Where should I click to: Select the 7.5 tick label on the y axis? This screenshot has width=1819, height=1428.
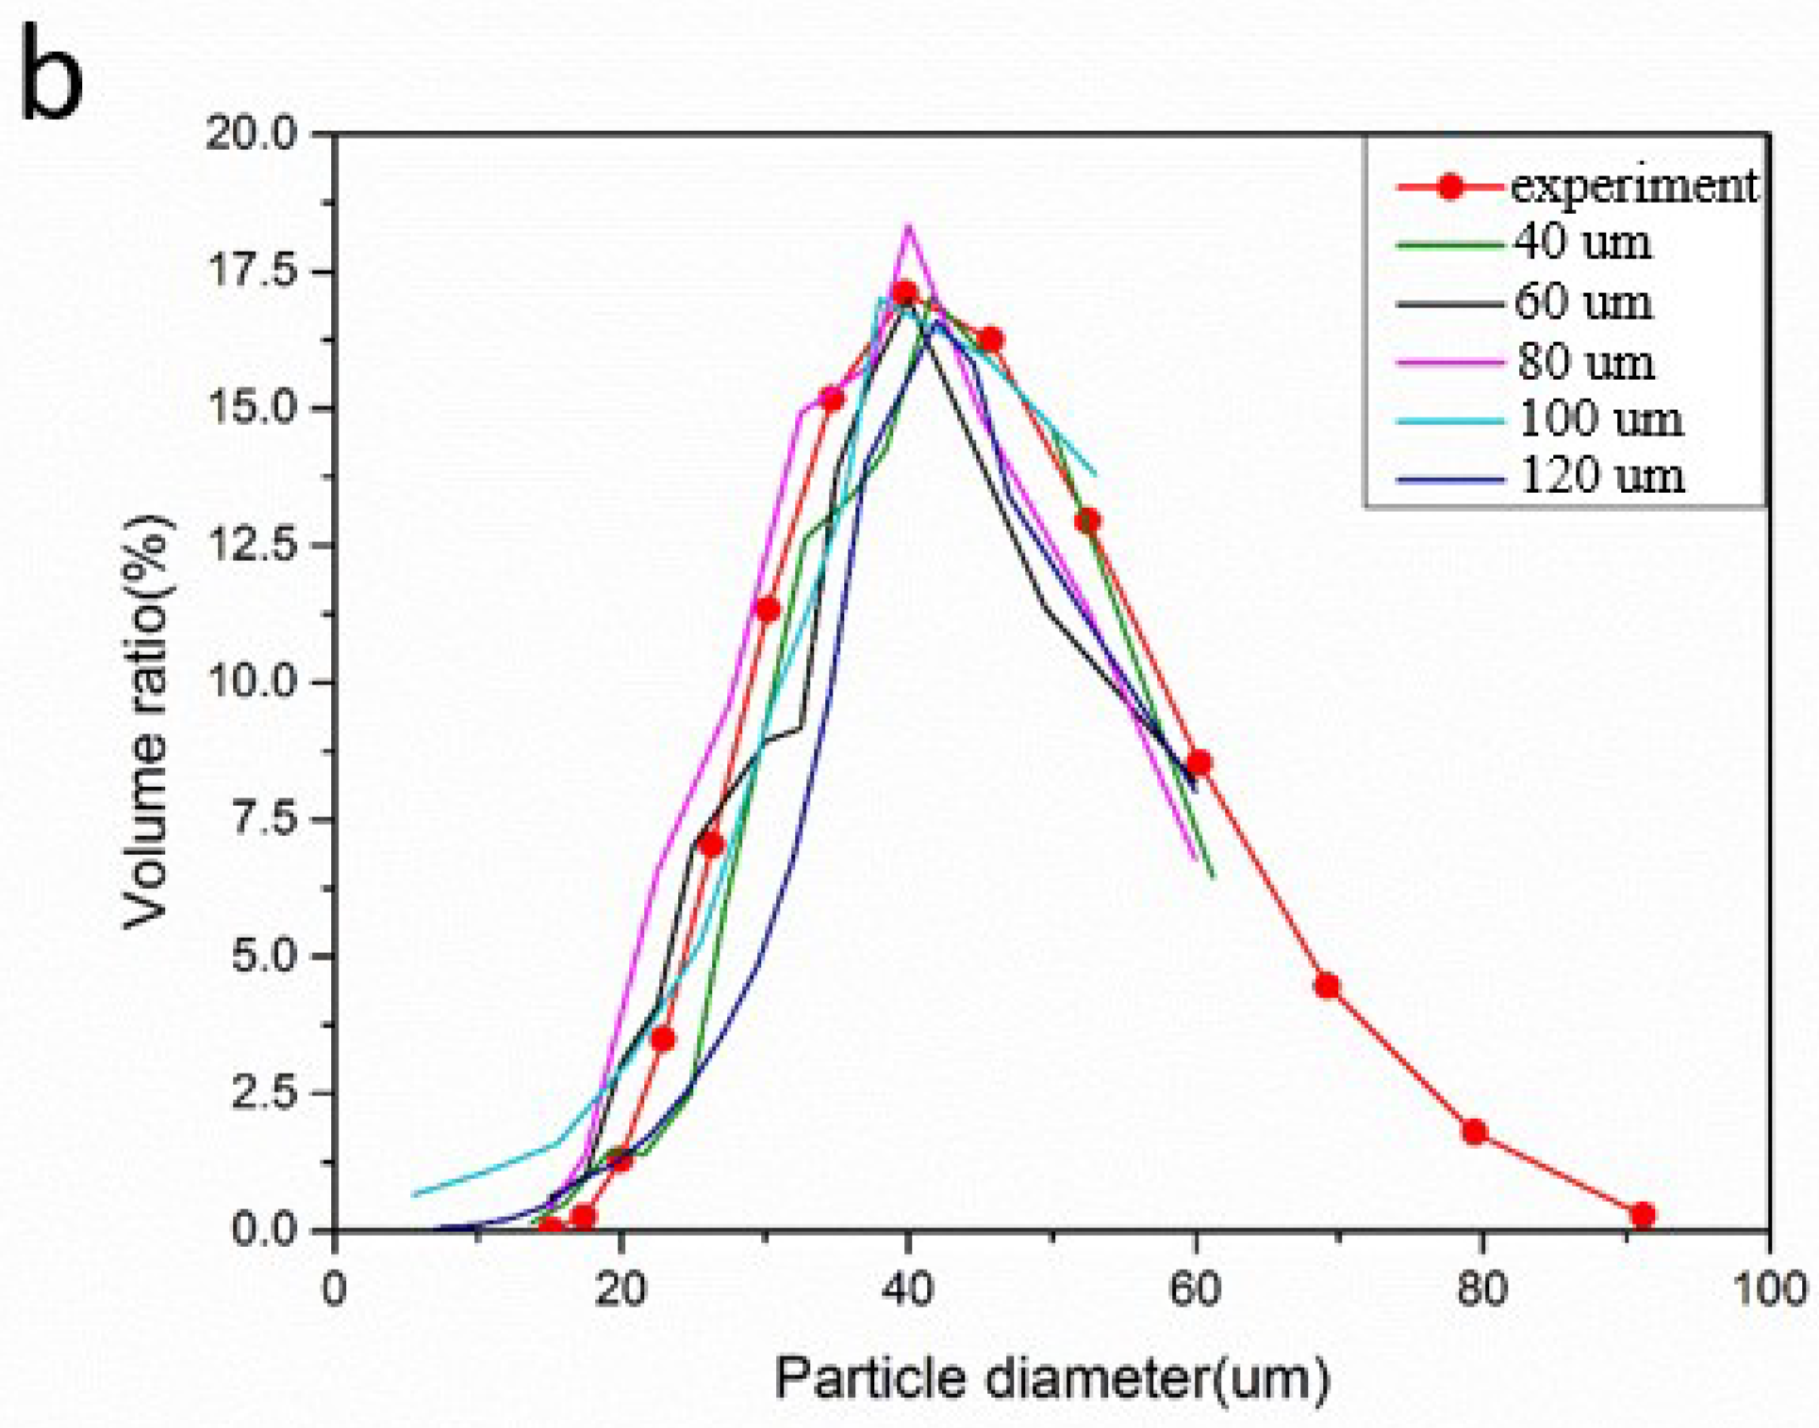[264, 818]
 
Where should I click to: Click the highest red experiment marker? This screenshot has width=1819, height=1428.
[905, 294]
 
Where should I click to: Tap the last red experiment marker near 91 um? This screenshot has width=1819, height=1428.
[1643, 1215]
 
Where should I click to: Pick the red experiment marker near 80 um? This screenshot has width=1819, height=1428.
[1475, 1132]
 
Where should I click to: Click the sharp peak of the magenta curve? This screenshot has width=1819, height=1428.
[908, 225]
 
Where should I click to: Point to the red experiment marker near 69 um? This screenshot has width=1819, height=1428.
[1327, 986]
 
